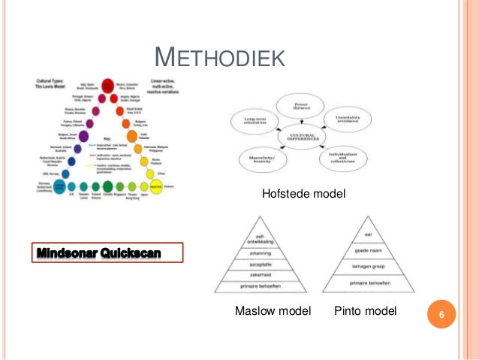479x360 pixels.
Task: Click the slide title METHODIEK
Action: (218, 56)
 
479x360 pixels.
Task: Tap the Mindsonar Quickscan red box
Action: (107, 251)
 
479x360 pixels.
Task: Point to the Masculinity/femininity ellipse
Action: (263, 159)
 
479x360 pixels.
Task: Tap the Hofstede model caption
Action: (303, 194)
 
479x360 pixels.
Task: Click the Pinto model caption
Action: (366, 311)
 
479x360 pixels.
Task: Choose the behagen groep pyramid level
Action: (368, 266)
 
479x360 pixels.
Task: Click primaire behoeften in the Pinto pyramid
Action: (368, 283)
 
